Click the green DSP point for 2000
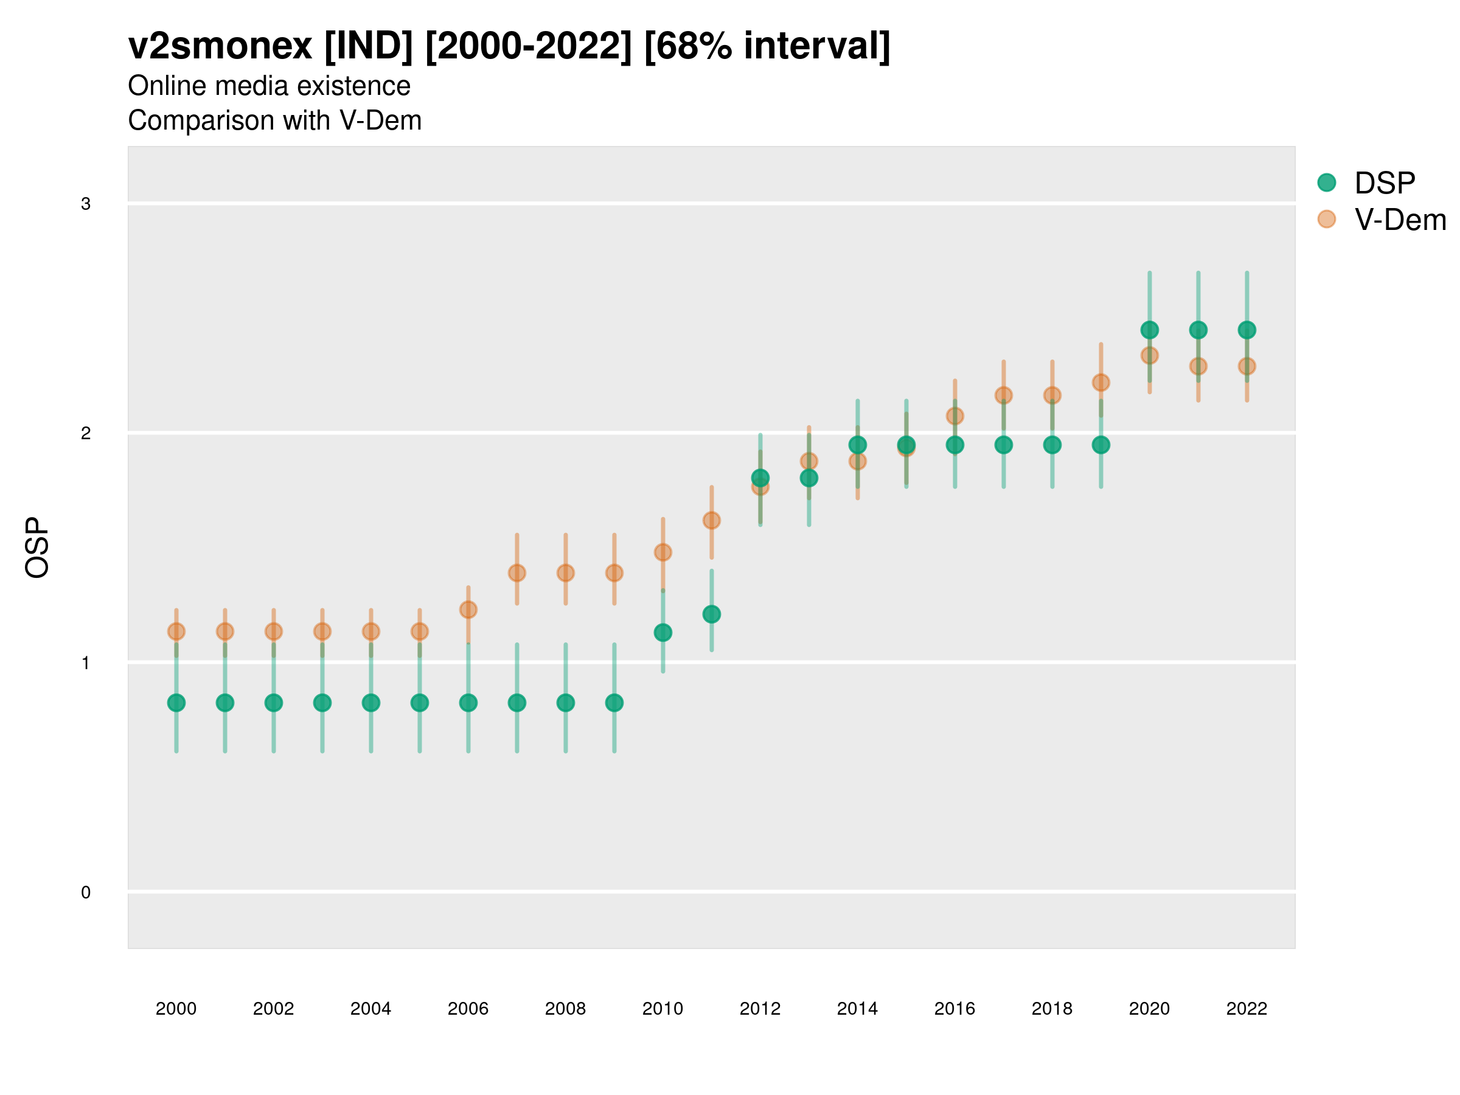(176, 703)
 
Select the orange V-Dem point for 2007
(517, 573)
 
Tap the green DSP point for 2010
(662, 632)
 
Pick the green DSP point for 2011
(712, 614)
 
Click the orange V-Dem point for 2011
(712, 520)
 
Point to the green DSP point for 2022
(1247, 330)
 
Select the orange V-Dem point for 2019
(1101, 382)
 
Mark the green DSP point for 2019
(1101, 445)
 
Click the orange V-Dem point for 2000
(176, 631)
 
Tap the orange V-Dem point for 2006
(468, 609)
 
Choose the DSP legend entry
(1384, 183)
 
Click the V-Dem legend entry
(1399, 220)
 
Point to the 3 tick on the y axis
(86, 203)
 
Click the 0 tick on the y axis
(86, 892)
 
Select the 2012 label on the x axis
(760, 1009)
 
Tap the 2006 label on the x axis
(468, 1009)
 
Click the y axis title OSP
(37, 548)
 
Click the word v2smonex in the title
(220, 46)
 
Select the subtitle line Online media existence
(269, 86)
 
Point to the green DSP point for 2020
(1149, 330)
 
